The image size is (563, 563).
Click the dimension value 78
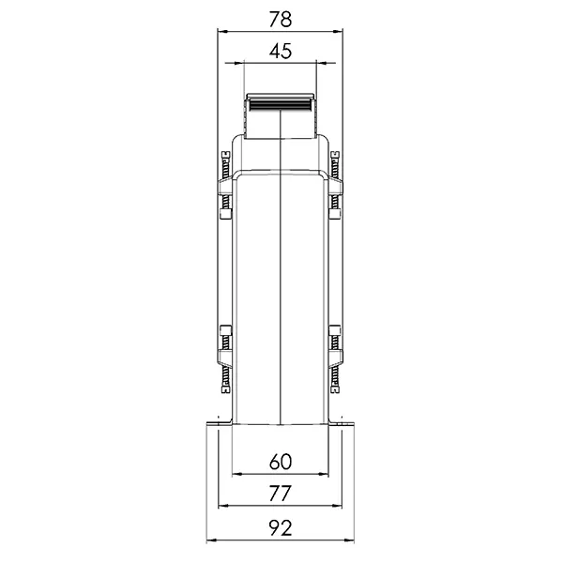coord(281,20)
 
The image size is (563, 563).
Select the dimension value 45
coord(281,52)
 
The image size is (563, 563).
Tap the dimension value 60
coord(281,462)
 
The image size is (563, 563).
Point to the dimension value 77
coord(280,495)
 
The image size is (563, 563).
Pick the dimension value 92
coord(281,528)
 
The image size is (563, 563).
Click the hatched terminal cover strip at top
coord(281,105)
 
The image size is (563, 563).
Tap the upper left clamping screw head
coord(226,155)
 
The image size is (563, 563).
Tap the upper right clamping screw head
coord(335,155)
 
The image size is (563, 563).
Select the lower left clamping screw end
coord(226,390)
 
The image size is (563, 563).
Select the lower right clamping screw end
coord(335,390)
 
